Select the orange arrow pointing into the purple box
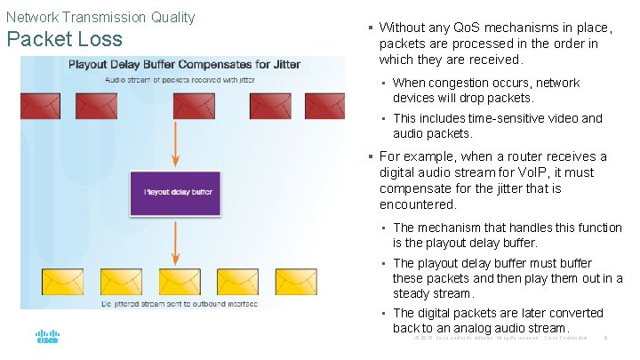coord(175,143)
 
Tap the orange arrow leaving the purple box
coord(175,241)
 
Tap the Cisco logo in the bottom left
coord(47,338)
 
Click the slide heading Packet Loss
coord(64,40)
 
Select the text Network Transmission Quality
coord(100,17)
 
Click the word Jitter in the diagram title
coord(284,64)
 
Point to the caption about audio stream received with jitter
coord(180,78)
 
